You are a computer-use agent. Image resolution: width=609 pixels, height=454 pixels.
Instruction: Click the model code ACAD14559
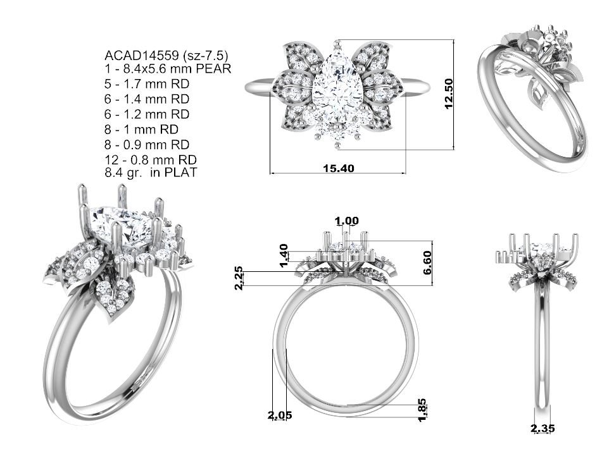(141, 56)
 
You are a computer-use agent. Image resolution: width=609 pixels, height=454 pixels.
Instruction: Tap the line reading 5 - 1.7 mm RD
(147, 84)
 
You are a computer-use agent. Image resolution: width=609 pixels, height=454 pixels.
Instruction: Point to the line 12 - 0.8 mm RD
(151, 159)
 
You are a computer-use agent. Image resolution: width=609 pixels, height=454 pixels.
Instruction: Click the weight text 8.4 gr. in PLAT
(151, 172)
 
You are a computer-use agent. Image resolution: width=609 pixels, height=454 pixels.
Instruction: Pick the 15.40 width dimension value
(339, 168)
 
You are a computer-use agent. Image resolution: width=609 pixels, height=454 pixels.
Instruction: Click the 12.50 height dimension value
(448, 94)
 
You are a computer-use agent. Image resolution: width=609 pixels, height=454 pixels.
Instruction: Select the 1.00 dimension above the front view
(347, 221)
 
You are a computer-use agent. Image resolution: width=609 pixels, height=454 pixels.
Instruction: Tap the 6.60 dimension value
(427, 262)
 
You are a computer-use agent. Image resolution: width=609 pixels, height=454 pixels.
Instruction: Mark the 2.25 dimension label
(239, 278)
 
